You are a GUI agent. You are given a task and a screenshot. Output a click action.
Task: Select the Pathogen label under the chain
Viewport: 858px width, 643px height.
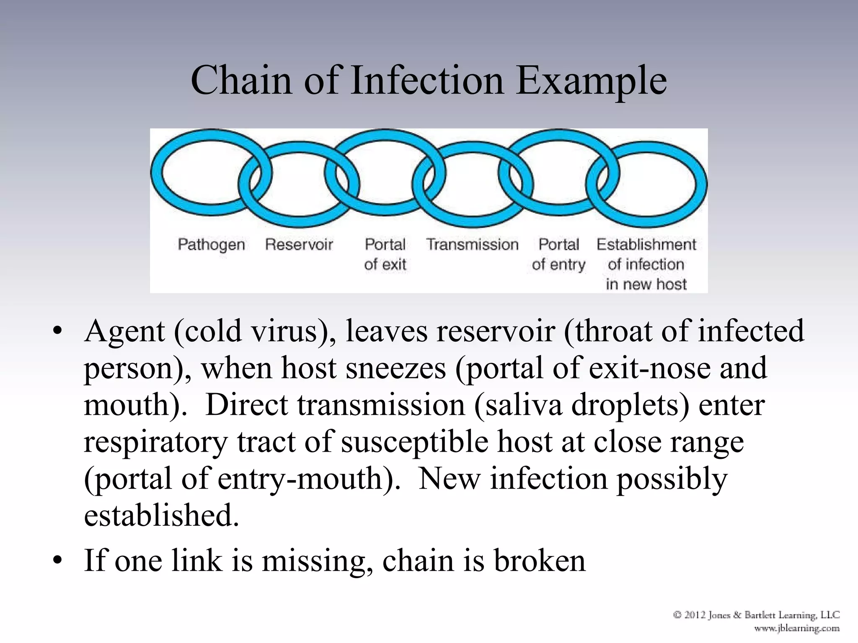click(211, 244)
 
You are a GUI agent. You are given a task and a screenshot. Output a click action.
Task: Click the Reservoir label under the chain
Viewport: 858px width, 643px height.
click(299, 244)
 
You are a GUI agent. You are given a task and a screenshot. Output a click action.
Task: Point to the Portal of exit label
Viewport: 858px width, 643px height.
click(385, 254)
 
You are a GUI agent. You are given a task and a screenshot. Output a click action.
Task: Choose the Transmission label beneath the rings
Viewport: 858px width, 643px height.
click(472, 244)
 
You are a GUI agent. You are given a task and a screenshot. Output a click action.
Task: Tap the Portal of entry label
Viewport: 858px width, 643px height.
click(558, 254)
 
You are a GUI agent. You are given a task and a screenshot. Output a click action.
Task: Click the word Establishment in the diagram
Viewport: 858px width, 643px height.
click(646, 244)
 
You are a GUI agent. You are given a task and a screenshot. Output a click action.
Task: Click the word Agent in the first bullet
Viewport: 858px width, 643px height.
click(124, 332)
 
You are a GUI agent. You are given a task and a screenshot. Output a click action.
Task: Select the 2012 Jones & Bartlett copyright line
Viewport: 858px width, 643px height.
click(756, 615)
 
